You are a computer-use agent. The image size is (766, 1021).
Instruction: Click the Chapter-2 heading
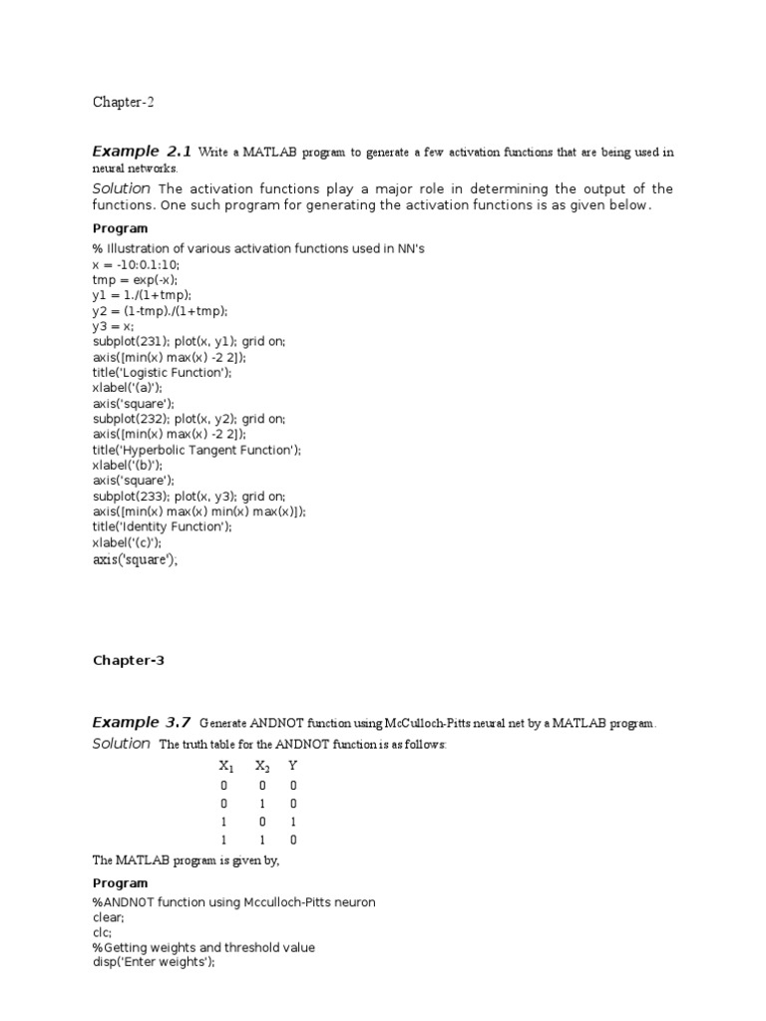click(124, 102)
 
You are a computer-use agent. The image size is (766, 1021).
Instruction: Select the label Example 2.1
click(142, 152)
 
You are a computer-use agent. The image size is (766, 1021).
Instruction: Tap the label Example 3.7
click(142, 722)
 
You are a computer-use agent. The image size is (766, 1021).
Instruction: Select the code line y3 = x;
click(115, 326)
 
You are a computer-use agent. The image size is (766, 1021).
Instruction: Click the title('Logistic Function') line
click(163, 372)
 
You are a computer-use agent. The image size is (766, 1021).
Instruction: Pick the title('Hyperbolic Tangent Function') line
click(196, 450)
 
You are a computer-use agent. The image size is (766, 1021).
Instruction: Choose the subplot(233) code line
click(190, 496)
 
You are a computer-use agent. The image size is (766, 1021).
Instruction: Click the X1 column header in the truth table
click(225, 767)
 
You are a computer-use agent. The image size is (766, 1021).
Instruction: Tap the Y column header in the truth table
click(292, 766)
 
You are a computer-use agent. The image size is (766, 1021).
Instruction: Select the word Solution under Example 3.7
click(122, 744)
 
